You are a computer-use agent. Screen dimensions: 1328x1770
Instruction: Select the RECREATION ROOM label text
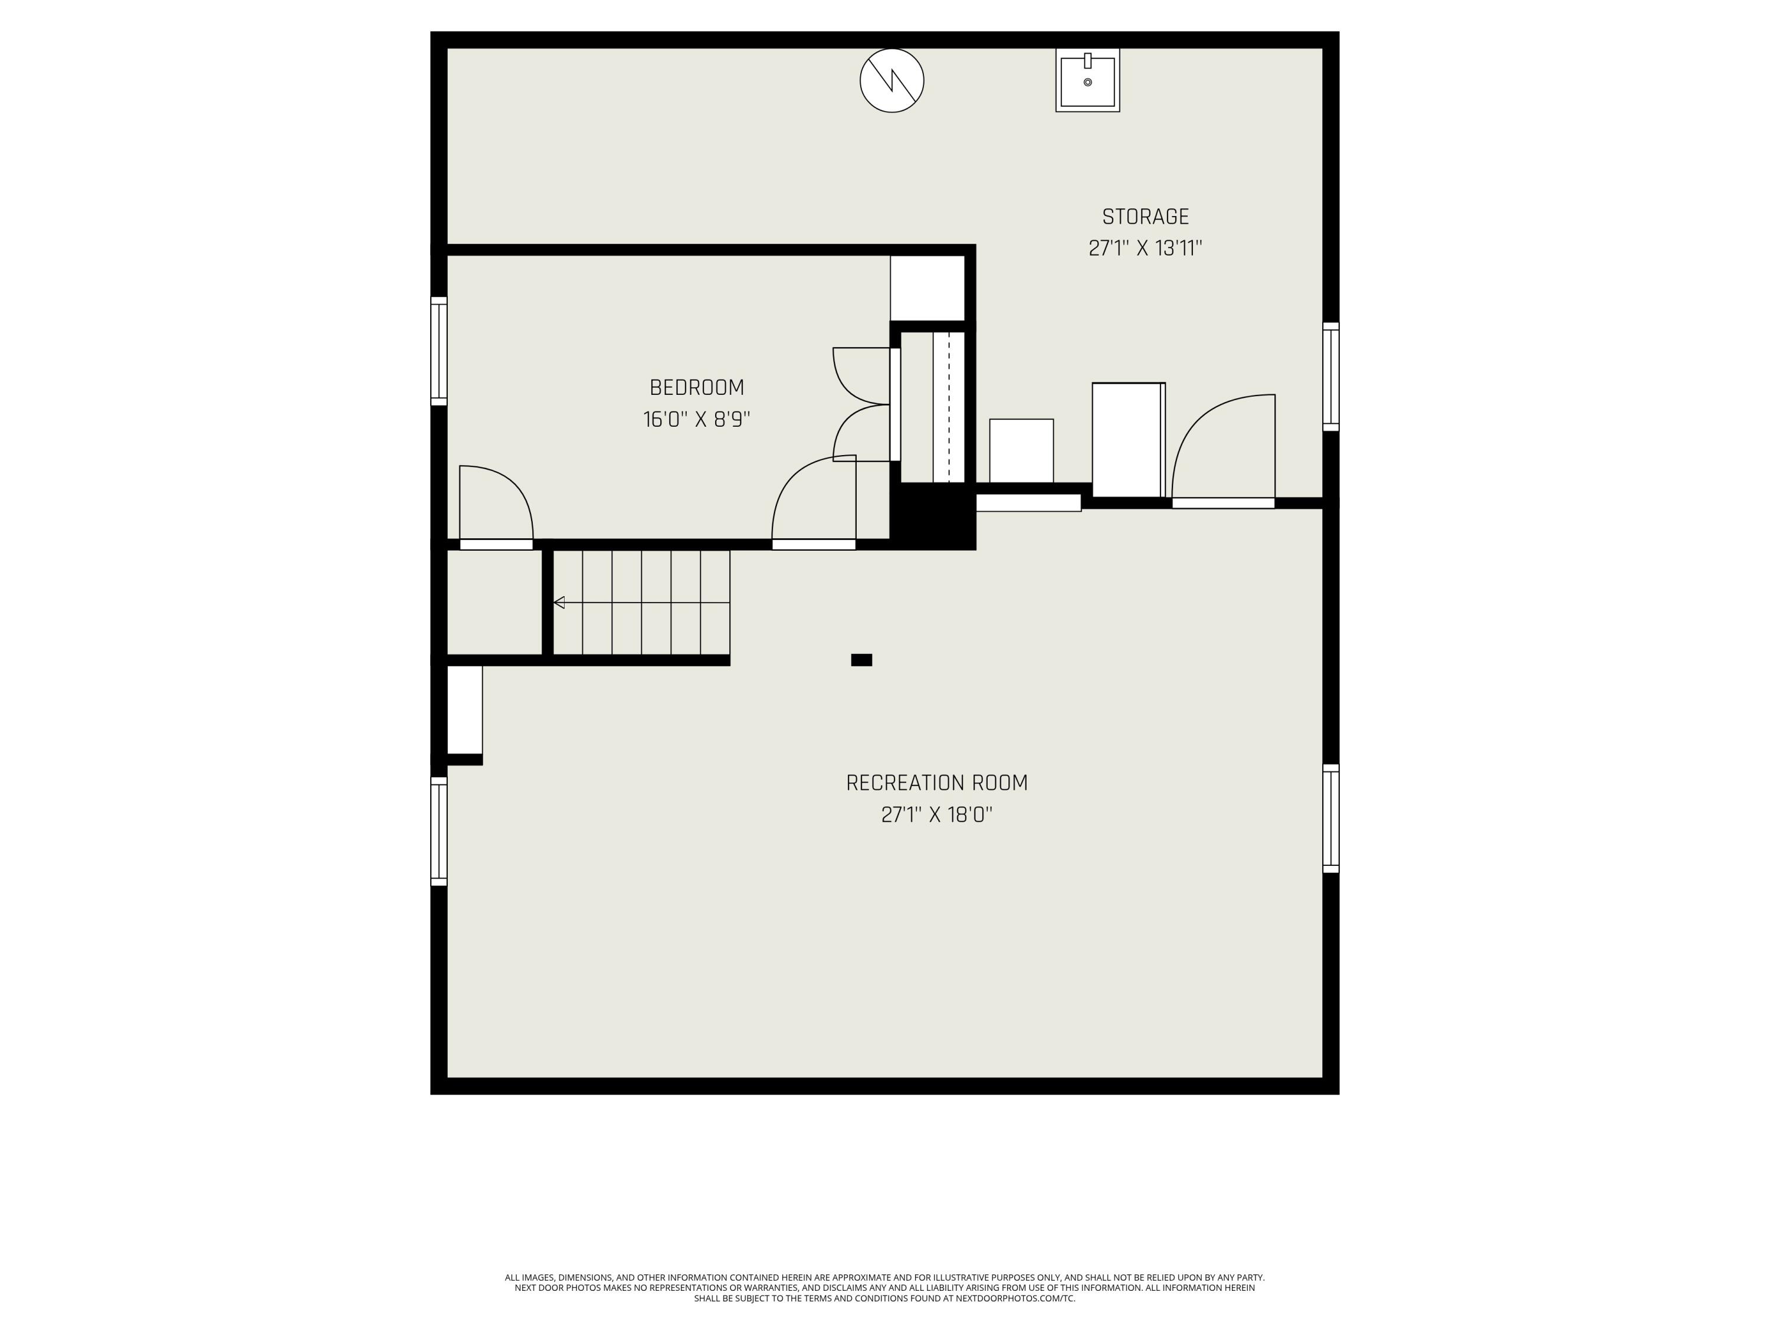click(x=936, y=783)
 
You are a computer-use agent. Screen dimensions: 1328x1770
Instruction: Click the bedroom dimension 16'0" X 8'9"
click(x=696, y=420)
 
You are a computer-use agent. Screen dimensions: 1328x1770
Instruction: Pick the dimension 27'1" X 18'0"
click(x=936, y=815)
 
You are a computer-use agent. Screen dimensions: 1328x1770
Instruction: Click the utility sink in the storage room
click(x=1087, y=81)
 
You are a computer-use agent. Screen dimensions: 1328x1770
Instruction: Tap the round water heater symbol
click(x=891, y=80)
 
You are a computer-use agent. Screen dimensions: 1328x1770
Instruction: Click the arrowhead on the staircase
click(x=559, y=602)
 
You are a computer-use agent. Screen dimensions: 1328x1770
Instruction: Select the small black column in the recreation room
click(x=861, y=660)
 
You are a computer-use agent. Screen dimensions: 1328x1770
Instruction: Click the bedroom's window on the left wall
click(x=438, y=351)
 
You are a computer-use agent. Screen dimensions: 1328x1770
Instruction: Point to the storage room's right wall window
click(x=1330, y=376)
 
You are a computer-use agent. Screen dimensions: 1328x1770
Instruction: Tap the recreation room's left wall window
click(x=438, y=831)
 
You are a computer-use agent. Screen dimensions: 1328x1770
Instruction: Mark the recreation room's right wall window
click(x=1330, y=818)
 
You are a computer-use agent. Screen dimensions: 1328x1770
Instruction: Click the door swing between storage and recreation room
click(x=1222, y=448)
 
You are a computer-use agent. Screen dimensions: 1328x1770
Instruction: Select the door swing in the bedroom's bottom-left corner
click(x=496, y=504)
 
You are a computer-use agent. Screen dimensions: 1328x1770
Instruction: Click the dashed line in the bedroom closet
click(x=949, y=407)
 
